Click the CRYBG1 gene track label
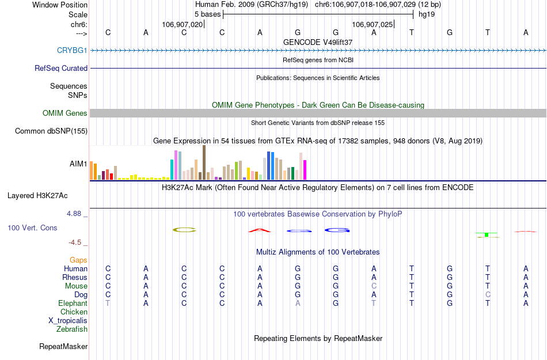pyautogui.click(x=72, y=51)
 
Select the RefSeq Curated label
pyautogui.click(x=61, y=69)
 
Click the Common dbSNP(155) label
pyautogui.click(x=51, y=131)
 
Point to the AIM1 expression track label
pyautogui.click(x=78, y=164)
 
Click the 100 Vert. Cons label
pyautogui.click(x=32, y=228)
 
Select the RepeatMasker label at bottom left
pyautogui.click(x=63, y=347)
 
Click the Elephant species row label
pyautogui.click(x=73, y=304)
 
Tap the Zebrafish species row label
pyautogui.click(x=72, y=329)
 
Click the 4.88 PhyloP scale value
pyautogui.click(x=76, y=214)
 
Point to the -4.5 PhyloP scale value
pyautogui.click(x=77, y=242)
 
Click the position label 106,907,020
pyautogui.click(x=183, y=25)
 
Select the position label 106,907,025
pyautogui.click(x=373, y=25)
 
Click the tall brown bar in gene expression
pyautogui.click(x=204, y=162)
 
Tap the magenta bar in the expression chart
pyautogui.click(x=305, y=169)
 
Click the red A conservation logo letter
pyautogui.click(x=260, y=231)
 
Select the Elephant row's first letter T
pyautogui.click(x=108, y=304)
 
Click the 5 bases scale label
pyautogui.click(x=207, y=14)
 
